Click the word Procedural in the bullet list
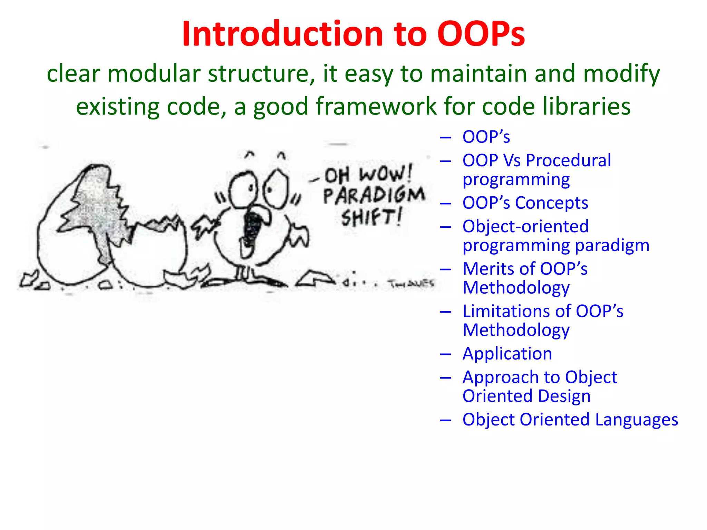568,160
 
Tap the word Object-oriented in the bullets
525,227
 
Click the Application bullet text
507,354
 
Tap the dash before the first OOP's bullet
446,138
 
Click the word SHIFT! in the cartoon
371,218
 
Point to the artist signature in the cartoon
411,284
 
